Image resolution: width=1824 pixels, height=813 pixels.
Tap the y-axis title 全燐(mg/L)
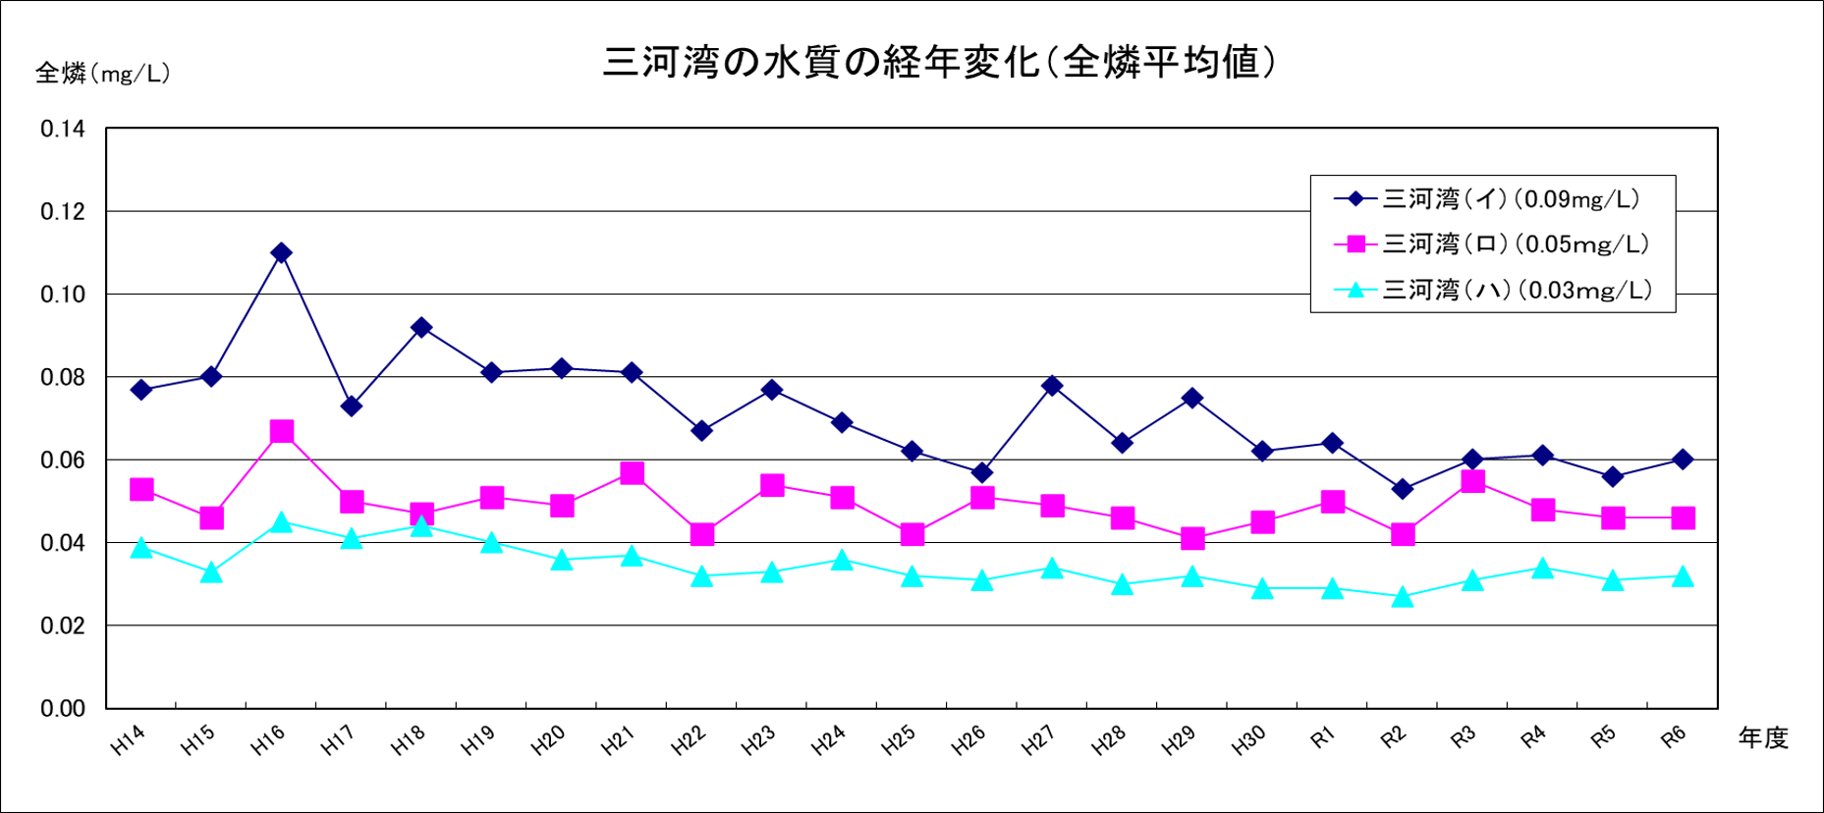(103, 74)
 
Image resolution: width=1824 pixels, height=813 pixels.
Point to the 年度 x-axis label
(1763, 738)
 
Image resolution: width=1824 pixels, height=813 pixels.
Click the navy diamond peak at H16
(281, 253)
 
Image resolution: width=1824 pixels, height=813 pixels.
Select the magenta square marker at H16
(281, 432)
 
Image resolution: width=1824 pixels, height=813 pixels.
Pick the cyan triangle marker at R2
(1403, 597)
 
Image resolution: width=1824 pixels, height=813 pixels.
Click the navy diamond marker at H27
(1052, 386)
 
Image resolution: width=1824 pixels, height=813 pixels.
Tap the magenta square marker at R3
(1472, 481)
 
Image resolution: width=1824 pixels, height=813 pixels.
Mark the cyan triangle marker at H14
(141, 548)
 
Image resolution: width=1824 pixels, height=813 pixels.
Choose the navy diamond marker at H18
(421, 328)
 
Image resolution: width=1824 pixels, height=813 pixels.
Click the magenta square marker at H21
(632, 473)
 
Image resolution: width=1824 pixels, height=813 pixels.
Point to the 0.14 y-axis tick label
(63, 130)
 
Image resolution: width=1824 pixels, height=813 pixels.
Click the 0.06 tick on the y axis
(63, 461)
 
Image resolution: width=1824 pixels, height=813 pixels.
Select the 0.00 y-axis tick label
(63, 709)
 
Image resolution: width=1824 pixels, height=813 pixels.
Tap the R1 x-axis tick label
(1323, 738)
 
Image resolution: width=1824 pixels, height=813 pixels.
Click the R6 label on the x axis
(1674, 738)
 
